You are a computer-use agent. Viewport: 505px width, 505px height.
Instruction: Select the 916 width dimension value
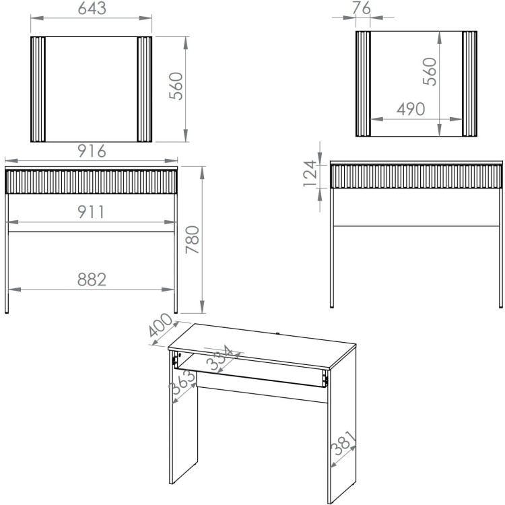(92, 151)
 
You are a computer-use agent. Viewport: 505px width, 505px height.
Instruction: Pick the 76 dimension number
(362, 9)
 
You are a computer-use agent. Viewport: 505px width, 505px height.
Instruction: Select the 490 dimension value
(411, 110)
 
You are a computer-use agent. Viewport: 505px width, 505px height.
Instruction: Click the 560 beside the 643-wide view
(176, 87)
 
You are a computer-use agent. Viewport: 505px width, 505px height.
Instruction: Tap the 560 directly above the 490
(430, 71)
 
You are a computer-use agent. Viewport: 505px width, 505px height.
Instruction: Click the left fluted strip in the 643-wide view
(40, 89)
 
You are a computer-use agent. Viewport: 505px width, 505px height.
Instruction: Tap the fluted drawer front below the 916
(92, 181)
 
